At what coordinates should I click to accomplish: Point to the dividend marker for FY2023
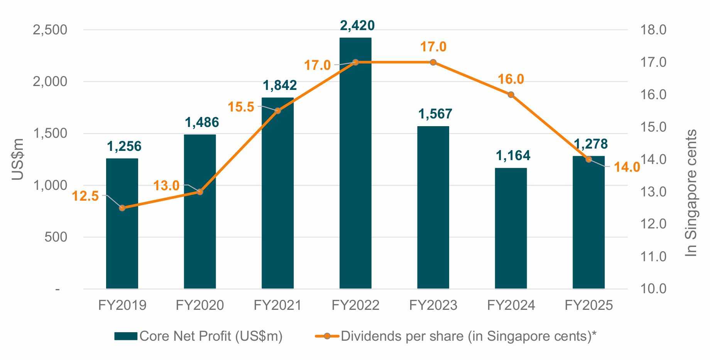[x=433, y=62]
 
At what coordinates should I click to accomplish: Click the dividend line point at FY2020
[x=200, y=192]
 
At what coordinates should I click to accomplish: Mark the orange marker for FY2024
[x=511, y=95]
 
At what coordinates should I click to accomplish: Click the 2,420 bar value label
[x=357, y=25]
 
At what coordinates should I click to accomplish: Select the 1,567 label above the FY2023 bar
[x=435, y=114]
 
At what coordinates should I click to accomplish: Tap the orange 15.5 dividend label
[x=241, y=107]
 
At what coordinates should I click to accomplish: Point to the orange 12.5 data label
[x=85, y=196]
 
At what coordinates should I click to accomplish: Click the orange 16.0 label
[x=511, y=79]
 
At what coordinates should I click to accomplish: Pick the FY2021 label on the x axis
[x=277, y=305]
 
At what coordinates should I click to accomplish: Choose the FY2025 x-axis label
[x=588, y=305]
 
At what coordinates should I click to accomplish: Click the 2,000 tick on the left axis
[x=50, y=81]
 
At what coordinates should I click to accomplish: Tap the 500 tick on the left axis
[x=56, y=237]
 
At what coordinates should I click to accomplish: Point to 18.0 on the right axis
[x=653, y=30]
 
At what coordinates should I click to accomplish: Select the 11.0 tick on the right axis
[x=653, y=256]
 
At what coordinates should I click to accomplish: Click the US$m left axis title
[x=18, y=159]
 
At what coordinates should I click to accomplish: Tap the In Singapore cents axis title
[x=691, y=193]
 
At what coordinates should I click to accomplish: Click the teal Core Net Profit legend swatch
[x=126, y=336]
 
